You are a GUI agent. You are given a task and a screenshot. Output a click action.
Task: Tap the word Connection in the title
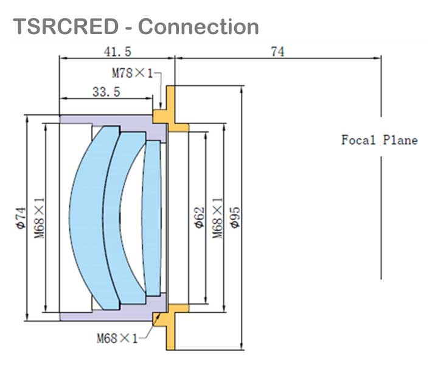198,27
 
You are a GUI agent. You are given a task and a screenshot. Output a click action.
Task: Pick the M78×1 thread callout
132,73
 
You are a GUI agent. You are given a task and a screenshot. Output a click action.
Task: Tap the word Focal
359,140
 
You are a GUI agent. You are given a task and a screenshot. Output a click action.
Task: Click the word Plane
399,140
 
